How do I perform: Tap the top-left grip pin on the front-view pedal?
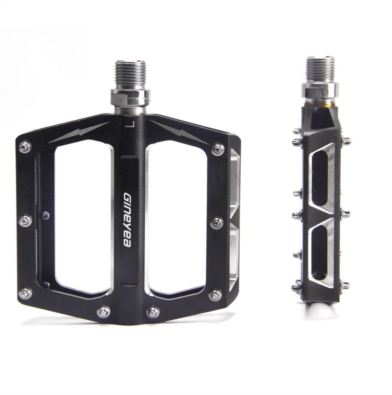[25, 147]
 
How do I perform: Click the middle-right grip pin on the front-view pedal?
[217, 223]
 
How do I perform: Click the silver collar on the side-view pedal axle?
[320, 91]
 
